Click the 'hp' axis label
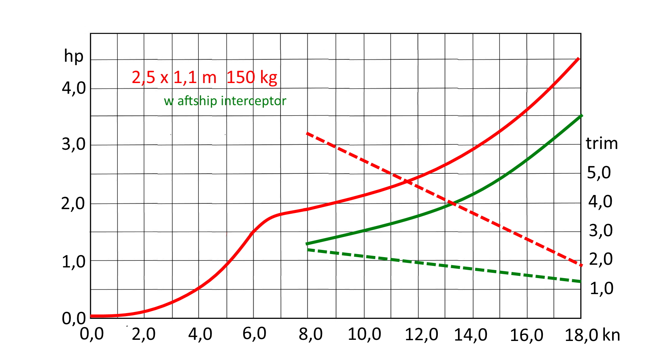73,56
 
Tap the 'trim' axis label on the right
602,144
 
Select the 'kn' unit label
611,335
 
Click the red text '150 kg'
252,77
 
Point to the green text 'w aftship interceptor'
225,101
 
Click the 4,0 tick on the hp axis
74,88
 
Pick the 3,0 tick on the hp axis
74,144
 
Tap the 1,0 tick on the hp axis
74,262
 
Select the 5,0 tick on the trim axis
599,173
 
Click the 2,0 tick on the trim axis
601,259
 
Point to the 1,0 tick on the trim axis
602,288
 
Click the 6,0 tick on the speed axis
254,334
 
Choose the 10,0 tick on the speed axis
364,334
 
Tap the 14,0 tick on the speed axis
471,335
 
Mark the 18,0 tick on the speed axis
581,335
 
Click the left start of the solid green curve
307,243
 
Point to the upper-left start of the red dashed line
307,133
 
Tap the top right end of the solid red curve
579,58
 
